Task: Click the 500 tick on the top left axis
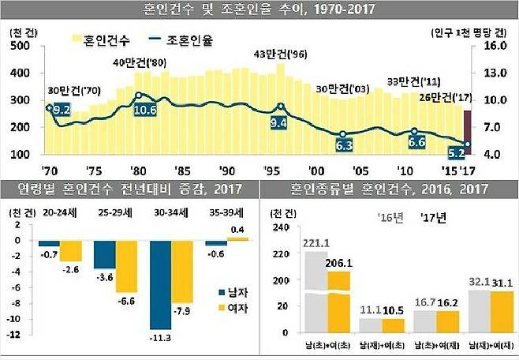(20, 46)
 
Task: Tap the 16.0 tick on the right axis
(495, 46)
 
